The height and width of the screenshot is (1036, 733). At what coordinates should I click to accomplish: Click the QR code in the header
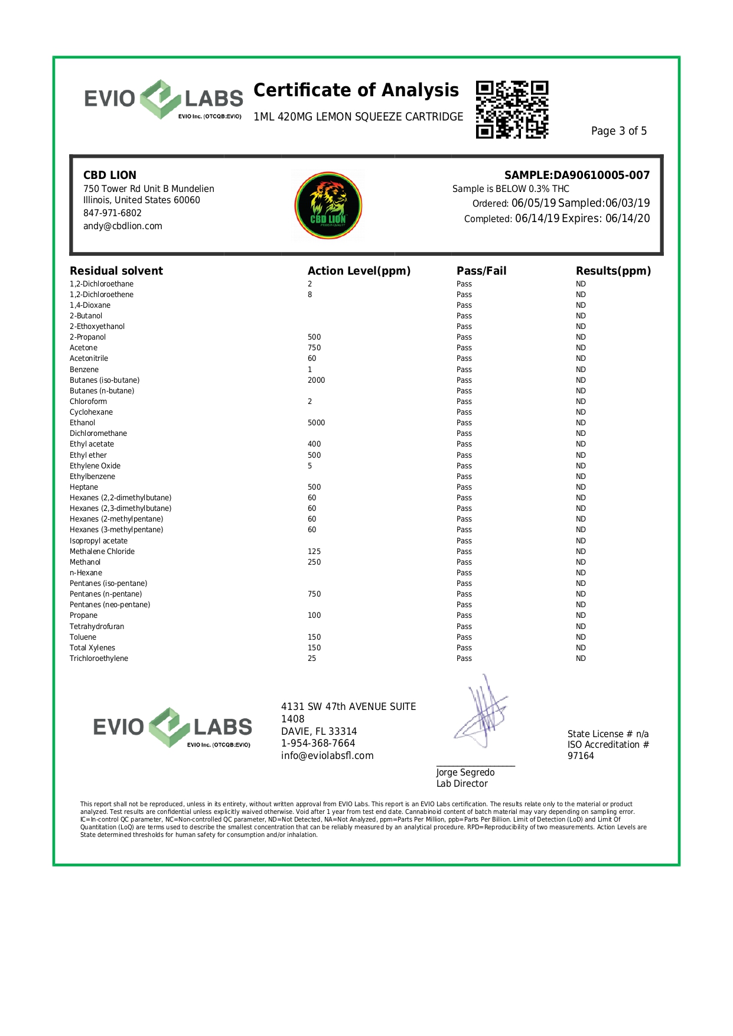point(512,110)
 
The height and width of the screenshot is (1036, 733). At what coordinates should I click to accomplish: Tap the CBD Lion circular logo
point(328,206)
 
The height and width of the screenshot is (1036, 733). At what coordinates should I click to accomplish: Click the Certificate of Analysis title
point(356,90)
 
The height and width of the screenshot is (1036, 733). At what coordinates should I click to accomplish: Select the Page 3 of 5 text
point(618,131)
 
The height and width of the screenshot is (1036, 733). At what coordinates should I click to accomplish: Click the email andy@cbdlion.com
point(123,226)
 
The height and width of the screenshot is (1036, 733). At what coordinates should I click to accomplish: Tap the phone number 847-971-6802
point(112,213)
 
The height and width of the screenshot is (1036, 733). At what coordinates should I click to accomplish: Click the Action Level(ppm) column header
point(359,271)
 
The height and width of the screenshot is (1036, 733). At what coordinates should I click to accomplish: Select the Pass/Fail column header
point(481,271)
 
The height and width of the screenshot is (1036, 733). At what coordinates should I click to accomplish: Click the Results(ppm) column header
point(613,271)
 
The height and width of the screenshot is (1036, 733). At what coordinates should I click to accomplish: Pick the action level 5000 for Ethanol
point(316,423)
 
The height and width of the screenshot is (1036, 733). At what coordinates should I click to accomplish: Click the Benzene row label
point(84,370)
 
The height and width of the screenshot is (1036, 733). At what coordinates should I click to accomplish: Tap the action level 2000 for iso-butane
point(316,380)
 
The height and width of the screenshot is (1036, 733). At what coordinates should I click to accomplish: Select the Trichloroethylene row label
point(99,659)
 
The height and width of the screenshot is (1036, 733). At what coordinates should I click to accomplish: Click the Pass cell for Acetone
point(464,348)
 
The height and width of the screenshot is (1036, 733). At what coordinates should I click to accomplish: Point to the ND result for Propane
point(581,615)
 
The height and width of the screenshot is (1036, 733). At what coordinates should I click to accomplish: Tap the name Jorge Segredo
point(465,773)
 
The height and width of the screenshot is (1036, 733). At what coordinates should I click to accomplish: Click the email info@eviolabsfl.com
point(327,756)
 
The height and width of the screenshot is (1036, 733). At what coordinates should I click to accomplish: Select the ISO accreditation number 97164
point(581,756)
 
